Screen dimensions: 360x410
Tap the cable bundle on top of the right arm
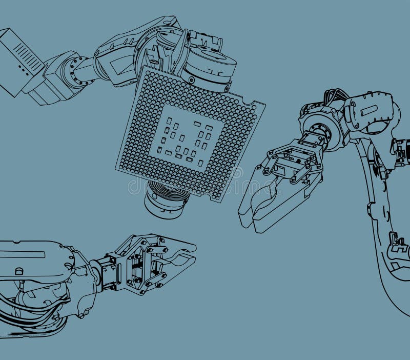pos(336,97)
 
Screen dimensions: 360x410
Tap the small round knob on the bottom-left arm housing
pos(19,271)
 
